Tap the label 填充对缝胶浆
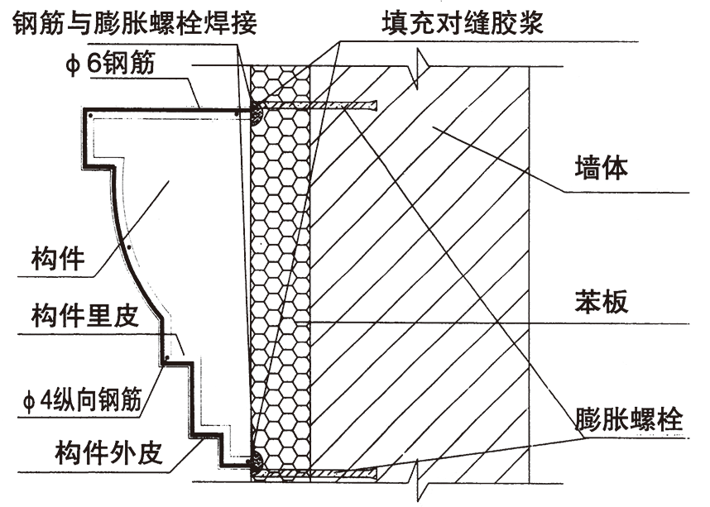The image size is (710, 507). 463,22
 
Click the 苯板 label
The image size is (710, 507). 602,301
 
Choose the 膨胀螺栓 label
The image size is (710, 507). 629,419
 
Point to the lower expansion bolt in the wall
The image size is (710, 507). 331,472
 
